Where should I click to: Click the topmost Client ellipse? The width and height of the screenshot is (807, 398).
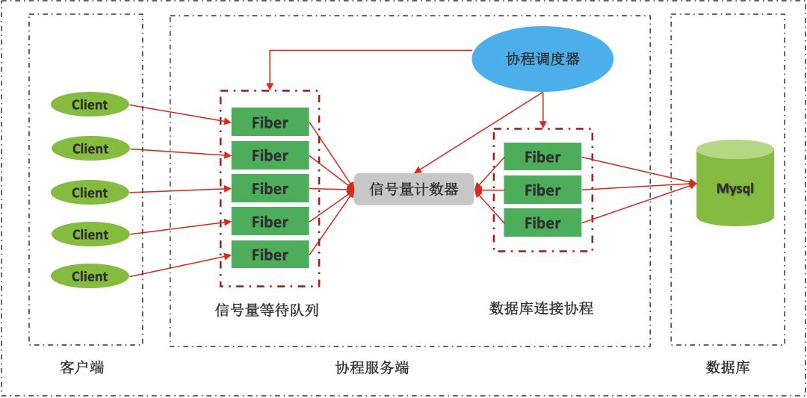pos(90,105)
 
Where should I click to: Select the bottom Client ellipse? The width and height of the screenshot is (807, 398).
pos(90,276)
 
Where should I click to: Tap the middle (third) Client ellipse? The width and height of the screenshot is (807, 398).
pos(90,193)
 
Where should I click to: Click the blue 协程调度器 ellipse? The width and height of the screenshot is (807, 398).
pos(542,60)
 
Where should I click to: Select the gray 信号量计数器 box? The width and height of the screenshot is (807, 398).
pos(414,190)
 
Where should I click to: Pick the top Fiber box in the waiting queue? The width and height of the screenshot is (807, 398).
pos(270,122)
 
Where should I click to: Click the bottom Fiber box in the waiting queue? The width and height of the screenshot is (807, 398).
pos(270,255)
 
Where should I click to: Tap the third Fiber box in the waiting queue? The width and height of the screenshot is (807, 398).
pos(270,189)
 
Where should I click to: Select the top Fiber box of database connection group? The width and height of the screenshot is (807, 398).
pos(542,157)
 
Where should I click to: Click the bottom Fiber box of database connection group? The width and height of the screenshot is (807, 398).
pos(542,223)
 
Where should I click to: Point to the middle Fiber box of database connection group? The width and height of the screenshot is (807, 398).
pos(542,190)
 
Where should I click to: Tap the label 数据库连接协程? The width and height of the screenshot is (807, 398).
pos(541,308)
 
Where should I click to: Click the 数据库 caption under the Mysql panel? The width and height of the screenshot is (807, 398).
pos(727,367)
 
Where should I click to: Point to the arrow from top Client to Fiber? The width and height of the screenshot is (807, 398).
pos(179,114)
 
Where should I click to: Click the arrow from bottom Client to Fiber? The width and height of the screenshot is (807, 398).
pos(179,266)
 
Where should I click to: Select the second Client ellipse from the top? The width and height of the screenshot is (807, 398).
pos(90,149)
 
